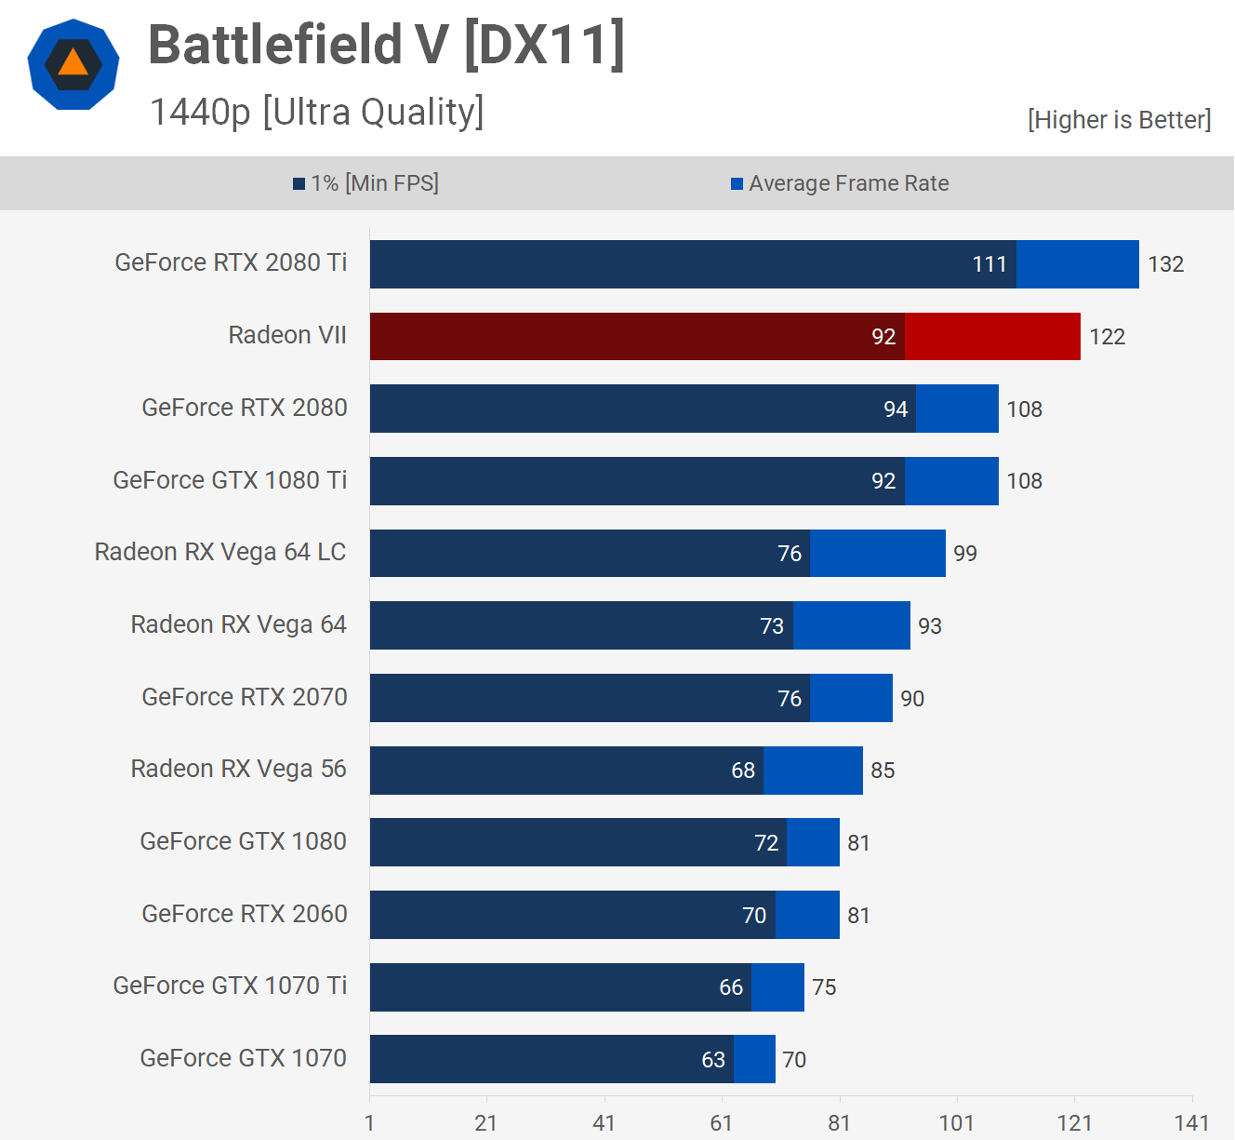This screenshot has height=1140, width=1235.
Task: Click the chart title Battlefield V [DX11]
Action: (386, 45)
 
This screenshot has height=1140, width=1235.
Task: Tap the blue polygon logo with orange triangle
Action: (73, 64)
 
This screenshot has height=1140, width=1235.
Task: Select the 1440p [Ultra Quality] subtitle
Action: (316, 113)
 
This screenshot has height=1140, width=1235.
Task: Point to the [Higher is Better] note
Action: (1119, 120)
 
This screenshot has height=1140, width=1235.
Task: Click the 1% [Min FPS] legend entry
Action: (365, 183)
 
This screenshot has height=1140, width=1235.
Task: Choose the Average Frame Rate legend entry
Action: (840, 183)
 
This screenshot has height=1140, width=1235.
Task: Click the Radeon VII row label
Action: (287, 335)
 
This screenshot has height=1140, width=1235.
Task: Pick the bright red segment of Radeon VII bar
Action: (992, 336)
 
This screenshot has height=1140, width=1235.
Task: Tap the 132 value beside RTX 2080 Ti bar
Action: (1165, 264)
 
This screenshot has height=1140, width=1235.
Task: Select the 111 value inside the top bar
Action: (989, 264)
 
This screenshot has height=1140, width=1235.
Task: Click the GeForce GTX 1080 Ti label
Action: (230, 480)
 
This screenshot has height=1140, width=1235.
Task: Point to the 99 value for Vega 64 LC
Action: (965, 554)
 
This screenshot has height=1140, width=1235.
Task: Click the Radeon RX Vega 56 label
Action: (238, 769)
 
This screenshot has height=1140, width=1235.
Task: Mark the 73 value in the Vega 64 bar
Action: (772, 626)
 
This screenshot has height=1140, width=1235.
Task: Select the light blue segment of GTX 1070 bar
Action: (754, 1059)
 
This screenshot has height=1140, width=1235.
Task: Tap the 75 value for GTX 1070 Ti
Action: (824, 987)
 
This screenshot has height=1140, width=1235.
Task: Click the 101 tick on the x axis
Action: (957, 1123)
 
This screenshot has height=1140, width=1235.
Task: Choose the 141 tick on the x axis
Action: (1191, 1123)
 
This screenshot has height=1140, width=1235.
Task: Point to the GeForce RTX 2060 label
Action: (245, 914)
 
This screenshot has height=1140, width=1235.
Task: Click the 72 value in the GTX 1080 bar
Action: (766, 843)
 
